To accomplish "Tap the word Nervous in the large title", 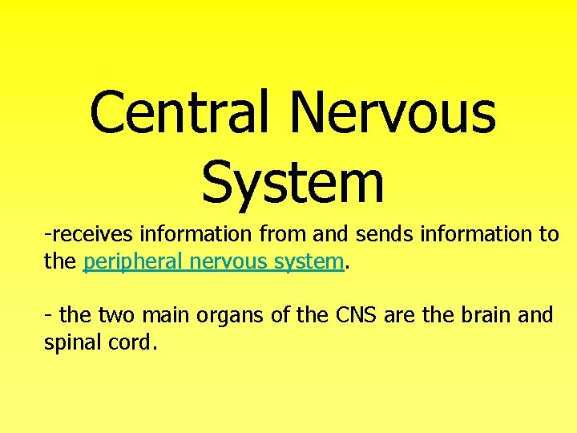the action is [x=393, y=112].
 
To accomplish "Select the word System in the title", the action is [x=293, y=181].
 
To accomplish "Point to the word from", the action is [x=279, y=234].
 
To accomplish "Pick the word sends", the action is [x=381, y=234].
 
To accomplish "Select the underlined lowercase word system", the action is [x=309, y=262].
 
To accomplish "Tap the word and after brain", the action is [x=535, y=314].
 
